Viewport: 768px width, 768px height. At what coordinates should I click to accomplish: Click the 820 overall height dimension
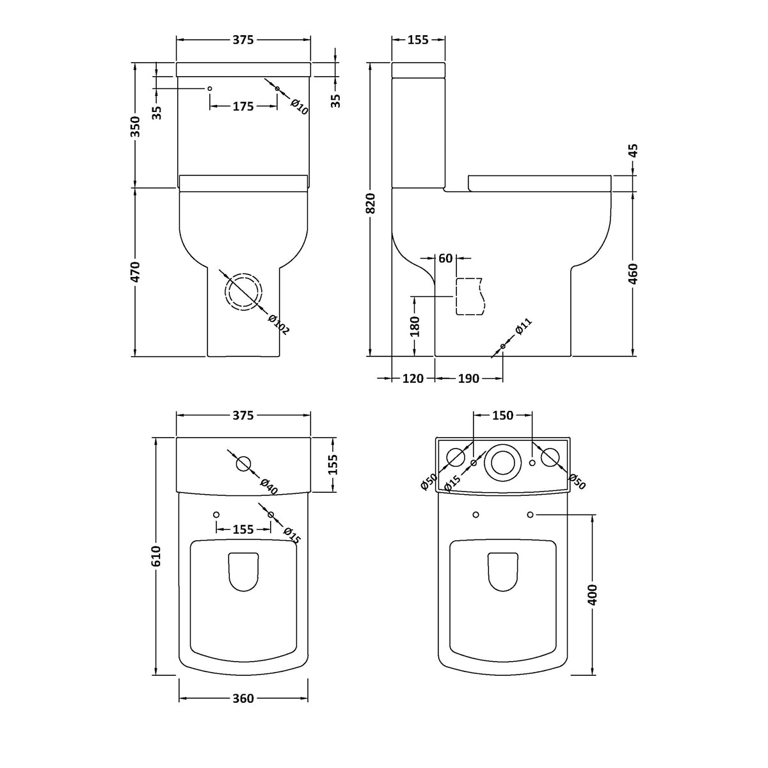pos(371,204)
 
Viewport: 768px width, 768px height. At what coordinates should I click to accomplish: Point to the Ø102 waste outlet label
pos(279,324)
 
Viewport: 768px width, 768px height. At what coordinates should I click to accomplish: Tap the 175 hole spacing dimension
pos(243,107)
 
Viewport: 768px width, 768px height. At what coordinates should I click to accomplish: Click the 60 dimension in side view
pos(445,258)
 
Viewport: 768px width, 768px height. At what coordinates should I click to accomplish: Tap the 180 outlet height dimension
pos(414,326)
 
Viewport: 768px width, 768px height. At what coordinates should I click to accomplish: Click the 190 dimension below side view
pos(468,378)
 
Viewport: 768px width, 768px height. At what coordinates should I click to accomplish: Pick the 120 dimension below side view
pos(413,378)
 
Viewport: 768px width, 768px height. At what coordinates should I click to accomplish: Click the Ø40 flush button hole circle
pos(243,463)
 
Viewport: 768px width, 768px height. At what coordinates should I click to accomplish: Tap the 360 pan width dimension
pos(243,698)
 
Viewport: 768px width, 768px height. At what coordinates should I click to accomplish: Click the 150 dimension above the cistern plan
pos(502,415)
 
